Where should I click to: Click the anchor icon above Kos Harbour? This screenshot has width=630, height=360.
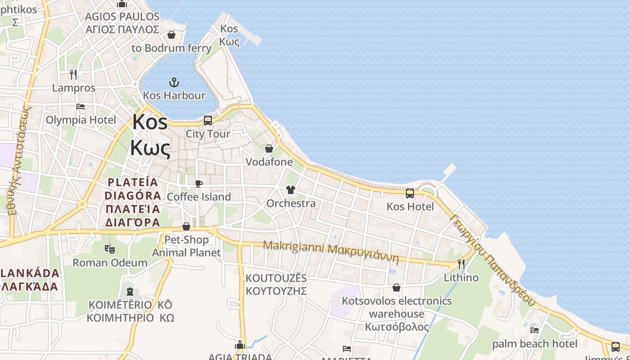174,82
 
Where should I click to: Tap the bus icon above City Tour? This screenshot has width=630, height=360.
207,121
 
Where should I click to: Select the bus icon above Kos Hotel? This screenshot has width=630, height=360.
410,193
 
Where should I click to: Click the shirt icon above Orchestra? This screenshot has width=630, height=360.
290,190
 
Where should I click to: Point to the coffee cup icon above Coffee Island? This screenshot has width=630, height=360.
198,184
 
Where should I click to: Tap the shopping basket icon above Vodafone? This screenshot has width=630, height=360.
269,148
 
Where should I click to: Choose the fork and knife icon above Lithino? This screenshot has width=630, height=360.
461,264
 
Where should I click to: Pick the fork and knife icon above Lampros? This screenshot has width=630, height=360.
73,74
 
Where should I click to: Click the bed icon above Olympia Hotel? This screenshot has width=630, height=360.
81,107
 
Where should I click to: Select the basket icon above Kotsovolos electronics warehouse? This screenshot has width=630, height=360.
396,288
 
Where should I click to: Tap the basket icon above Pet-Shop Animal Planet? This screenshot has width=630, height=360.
186,226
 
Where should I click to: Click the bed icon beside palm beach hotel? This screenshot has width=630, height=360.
535,330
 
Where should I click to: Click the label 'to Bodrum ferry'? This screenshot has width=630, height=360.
171,48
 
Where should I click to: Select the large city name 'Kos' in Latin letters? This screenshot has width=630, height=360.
150,122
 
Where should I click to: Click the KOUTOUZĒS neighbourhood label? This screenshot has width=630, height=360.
276,278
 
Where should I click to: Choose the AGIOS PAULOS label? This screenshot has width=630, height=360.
122,17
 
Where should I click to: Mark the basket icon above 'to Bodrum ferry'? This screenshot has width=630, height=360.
171,35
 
